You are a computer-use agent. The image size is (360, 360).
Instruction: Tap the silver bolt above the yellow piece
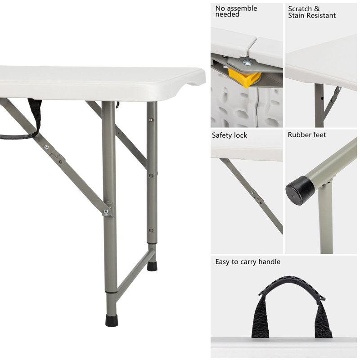click(247, 63)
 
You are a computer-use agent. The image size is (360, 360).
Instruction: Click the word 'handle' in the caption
click(267, 261)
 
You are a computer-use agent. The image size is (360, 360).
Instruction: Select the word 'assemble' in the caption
click(243, 8)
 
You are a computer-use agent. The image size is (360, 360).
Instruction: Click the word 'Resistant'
click(321, 15)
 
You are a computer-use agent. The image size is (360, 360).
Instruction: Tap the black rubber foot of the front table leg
click(111, 320)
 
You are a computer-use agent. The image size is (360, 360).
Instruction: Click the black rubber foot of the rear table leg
click(152, 266)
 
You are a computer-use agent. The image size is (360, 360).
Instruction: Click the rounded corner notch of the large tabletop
click(197, 82)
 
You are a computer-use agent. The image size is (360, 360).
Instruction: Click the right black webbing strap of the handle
click(323, 320)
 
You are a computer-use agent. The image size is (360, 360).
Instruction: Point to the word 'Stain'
click(297, 15)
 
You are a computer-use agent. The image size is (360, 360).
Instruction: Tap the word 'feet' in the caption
click(319, 135)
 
